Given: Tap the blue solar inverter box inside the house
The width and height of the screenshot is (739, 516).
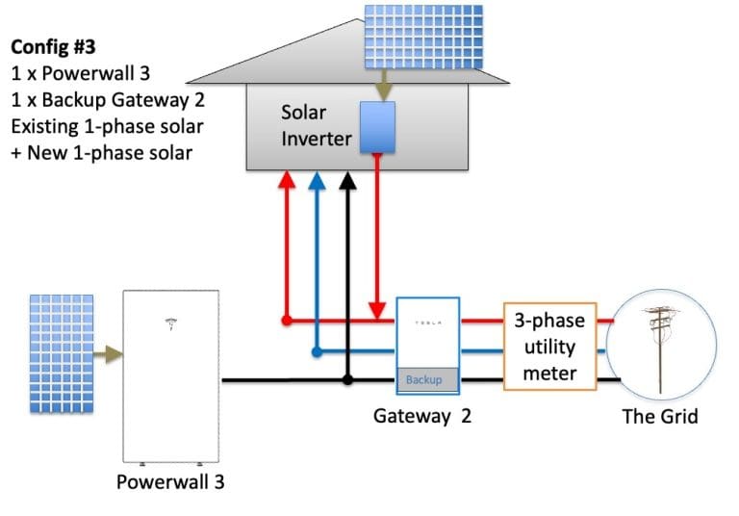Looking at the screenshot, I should (378, 126).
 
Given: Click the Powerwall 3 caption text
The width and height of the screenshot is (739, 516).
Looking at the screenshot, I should (170, 481).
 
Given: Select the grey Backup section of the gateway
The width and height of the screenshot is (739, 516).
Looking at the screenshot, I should (428, 380).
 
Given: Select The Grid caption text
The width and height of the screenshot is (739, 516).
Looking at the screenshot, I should (659, 417).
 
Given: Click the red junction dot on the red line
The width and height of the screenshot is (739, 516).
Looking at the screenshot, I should (286, 319).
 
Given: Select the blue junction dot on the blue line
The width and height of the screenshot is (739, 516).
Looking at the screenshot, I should (316, 352).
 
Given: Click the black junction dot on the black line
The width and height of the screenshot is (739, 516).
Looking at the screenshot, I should (348, 380).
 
